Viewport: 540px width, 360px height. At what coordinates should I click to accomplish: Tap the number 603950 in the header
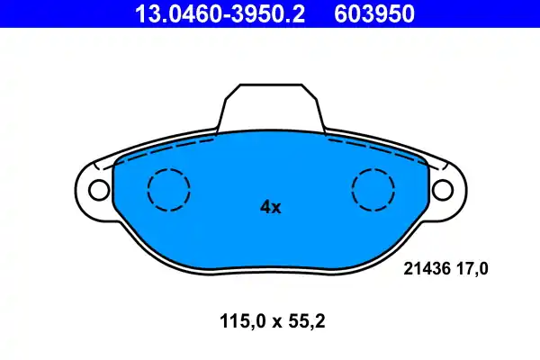[x=378, y=13]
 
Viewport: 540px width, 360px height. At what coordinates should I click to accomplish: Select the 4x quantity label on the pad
[x=270, y=207]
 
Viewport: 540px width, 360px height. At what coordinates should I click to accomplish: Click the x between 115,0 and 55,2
[x=270, y=320]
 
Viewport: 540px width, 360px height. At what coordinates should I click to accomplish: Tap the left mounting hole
[x=96, y=190]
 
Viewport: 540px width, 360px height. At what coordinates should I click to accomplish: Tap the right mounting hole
[x=443, y=190]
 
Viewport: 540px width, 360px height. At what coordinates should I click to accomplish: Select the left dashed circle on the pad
[x=168, y=190]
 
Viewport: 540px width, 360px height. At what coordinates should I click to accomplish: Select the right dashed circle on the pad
[x=373, y=190]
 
